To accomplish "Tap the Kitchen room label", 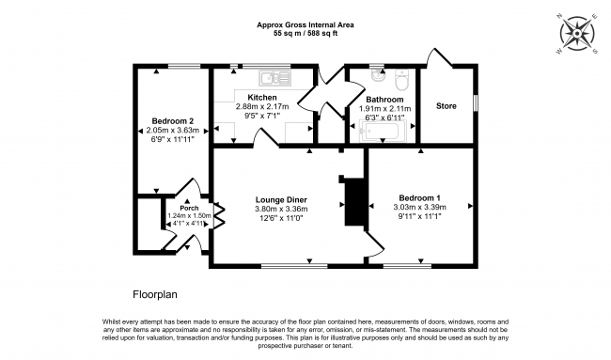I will pyautogui.click(x=261, y=98).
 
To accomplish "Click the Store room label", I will pyautogui.click(x=446, y=106).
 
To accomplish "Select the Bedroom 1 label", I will pyautogui.click(x=418, y=198).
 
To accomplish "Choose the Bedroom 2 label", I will pyautogui.click(x=172, y=121).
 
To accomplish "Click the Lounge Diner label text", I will pyautogui.click(x=281, y=199).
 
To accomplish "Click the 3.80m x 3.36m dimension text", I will pyautogui.click(x=281, y=210).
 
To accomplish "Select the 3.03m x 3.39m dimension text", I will pyautogui.click(x=418, y=209).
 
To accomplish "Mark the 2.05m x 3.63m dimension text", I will pyautogui.click(x=172, y=131).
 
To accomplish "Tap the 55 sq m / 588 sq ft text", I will pyautogui.click(x=305, y=34).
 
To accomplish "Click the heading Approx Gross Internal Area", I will pyautogui.click(x=305, y=24).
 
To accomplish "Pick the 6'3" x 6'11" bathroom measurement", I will pyautogui.click(x=385, y=117).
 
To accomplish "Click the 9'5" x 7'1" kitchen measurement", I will pyautogui.click(x=261, y=117).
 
